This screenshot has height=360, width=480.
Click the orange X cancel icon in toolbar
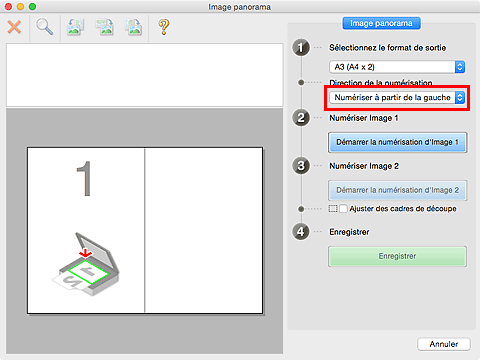tap(14, 27)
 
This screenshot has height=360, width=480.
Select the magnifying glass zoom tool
tap(44, 27)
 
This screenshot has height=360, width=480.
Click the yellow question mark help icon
tap(164, 27)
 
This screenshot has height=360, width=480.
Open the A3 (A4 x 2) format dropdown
tap(397, 67)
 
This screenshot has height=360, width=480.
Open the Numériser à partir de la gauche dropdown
tap(397, 98)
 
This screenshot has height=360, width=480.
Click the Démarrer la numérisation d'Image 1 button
tap(397, 142)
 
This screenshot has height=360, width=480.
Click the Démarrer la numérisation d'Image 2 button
tap(397, 190)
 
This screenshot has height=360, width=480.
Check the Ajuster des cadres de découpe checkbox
tap(343, 209)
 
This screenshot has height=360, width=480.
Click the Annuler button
tap(444, 344)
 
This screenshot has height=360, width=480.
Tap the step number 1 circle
tap(301, 48)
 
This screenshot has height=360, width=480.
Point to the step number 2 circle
tap(301, 118)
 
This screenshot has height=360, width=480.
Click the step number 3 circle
tap(301, 166)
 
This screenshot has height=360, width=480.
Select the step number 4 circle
tap(301, 232)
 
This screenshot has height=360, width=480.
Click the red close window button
tap(8, 7)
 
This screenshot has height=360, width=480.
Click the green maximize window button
tap(32, 7)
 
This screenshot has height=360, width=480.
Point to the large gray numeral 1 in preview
tap(84, 179)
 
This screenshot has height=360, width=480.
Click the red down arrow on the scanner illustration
tap(86, 253)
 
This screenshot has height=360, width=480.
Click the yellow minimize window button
tap(20, 7)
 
